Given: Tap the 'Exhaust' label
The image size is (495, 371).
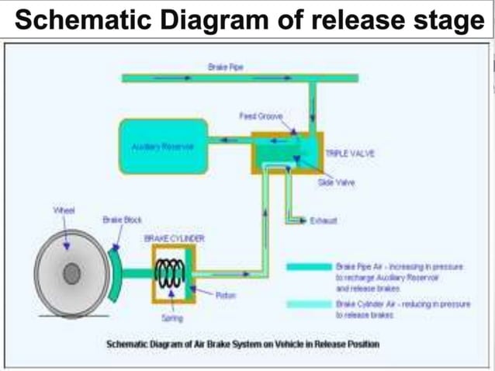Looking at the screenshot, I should pos(324,221).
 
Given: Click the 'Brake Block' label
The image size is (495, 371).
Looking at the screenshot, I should pos(117,220).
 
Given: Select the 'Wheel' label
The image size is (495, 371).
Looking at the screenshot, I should pos(64,210).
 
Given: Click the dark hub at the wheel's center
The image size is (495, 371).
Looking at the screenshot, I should pos(72,273).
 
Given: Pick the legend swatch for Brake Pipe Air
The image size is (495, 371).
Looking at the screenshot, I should pos(308,266).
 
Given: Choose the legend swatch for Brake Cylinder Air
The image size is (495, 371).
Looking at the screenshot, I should pos(308,305).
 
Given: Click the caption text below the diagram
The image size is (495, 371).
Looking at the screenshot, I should pos(243,343).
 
